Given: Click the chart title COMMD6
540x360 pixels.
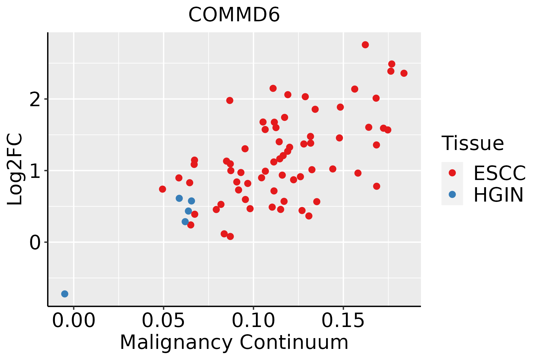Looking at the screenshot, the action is [x=234, y=15].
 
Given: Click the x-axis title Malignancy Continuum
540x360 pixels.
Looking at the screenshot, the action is [x=234, y=342].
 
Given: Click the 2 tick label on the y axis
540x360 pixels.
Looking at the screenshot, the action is [x=35, y=99].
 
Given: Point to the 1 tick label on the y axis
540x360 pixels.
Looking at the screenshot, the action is [x=35, y=171].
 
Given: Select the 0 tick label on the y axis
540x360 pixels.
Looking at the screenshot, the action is [x=35, y=242].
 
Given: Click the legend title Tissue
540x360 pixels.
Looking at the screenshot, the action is [x=473, y=143].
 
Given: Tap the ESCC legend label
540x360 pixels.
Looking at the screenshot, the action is [x=499, y=173].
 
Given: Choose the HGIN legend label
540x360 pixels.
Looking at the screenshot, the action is [x=498, y=195].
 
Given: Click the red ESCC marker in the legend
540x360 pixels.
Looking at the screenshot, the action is [x=452, y=173].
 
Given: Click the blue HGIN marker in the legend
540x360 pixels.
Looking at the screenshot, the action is [x=452, y=194].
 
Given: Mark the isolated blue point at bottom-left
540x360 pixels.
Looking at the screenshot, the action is [x=65, y=294].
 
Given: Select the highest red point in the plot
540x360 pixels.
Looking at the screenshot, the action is [x=365, y=45].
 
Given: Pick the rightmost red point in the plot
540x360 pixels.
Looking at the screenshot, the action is [x=404, y=73].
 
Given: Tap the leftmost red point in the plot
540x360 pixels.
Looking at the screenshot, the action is [x=163, y=189].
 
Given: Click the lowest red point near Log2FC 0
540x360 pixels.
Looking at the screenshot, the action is [x=230, y=236].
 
